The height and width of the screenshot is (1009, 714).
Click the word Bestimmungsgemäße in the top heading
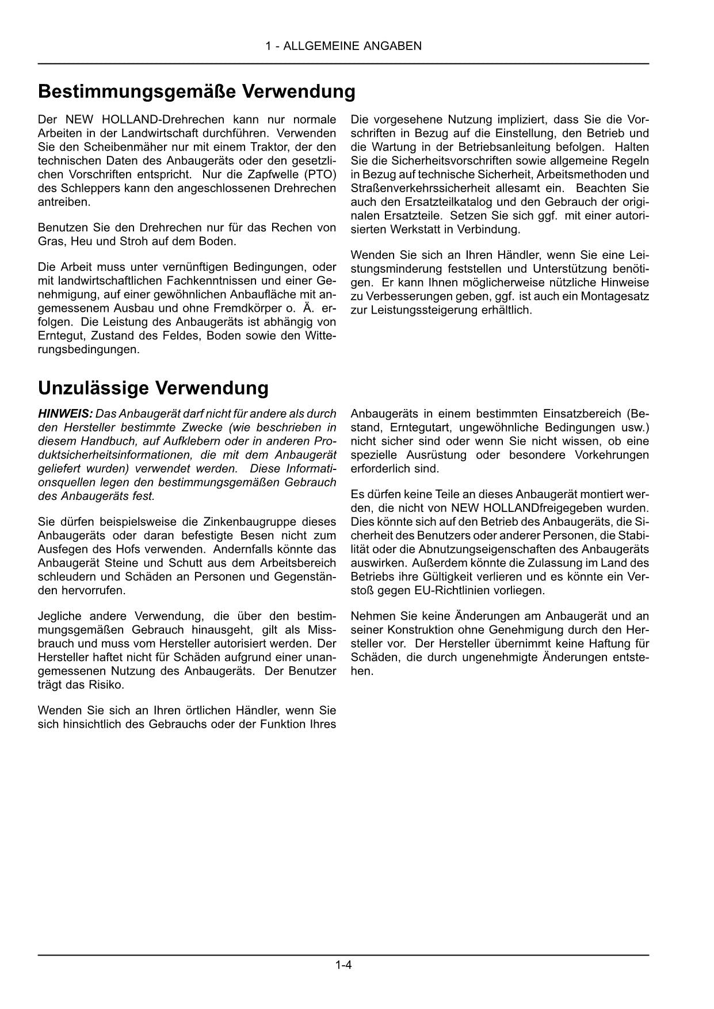click(135, 92)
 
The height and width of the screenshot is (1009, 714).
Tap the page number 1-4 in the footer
click(343, 965)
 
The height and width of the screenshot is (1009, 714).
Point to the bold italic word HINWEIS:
click(65, 414)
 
